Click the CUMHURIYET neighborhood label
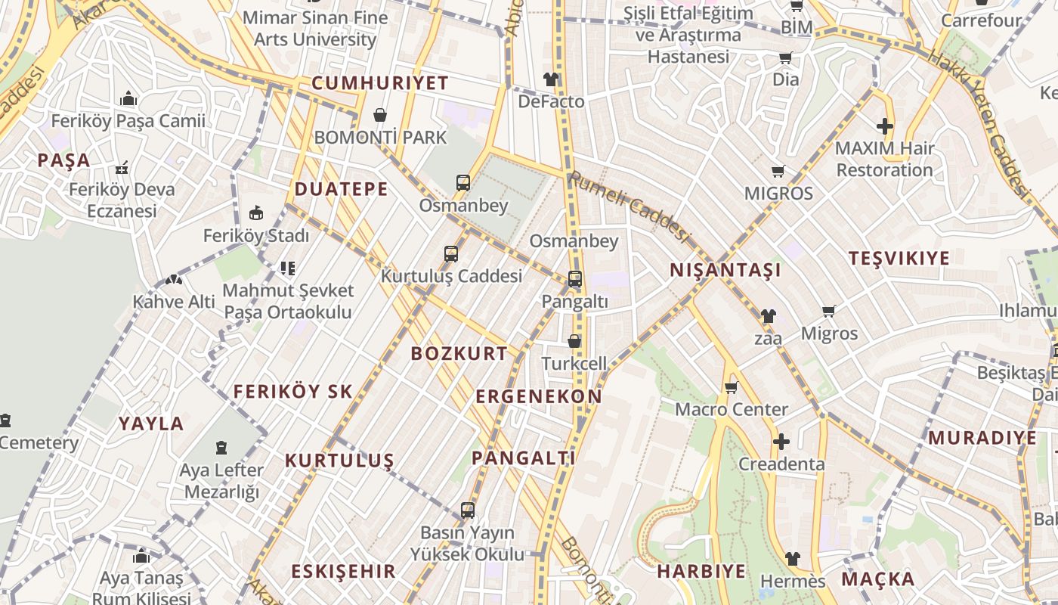380,83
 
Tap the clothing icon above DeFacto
551,79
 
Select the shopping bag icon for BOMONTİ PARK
380,115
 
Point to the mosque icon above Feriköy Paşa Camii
128,98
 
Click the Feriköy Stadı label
256,235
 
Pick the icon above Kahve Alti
174,279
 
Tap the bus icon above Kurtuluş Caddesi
451,254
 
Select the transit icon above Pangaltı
574,279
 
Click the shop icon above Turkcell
574,341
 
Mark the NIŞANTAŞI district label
725,270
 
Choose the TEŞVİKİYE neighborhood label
899,258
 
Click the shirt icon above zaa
768,316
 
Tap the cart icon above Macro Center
731,388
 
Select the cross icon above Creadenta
781,441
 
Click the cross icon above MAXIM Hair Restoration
885,126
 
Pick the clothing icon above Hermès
792,559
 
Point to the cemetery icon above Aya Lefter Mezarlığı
221,448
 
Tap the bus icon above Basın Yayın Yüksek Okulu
467,510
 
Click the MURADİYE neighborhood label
982,438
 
